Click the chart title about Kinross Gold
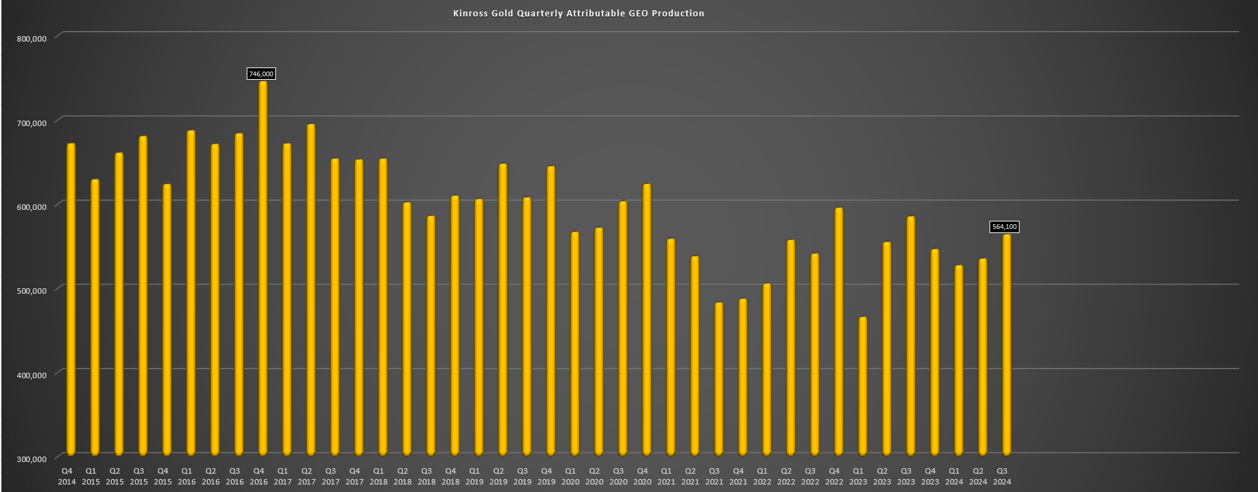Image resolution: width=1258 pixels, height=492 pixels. [579, 13]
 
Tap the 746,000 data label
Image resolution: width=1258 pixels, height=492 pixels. [261, 74]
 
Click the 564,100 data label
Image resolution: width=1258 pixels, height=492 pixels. [1004, 227]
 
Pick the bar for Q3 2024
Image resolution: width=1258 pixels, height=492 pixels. [1007, 344]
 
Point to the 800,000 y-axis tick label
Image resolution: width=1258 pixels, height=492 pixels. [31, 39]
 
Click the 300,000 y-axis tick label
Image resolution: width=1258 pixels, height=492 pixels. [31, 459]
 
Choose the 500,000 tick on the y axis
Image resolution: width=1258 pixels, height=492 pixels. [31, 291]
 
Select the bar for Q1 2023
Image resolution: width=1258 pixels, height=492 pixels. [863, 386]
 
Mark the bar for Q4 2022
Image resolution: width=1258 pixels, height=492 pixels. [839, 331]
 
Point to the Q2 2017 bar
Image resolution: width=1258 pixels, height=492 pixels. [311, 289]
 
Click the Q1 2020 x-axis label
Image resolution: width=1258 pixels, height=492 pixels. [570, 476]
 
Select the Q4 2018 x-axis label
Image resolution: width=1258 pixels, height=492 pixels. [450, 476]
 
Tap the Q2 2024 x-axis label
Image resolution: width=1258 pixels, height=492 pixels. [978, 476]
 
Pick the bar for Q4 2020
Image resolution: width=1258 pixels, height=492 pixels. [647, 319]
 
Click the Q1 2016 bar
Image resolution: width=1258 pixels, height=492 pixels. [191, 292]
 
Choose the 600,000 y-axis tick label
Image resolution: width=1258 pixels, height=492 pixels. [31, 207]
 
